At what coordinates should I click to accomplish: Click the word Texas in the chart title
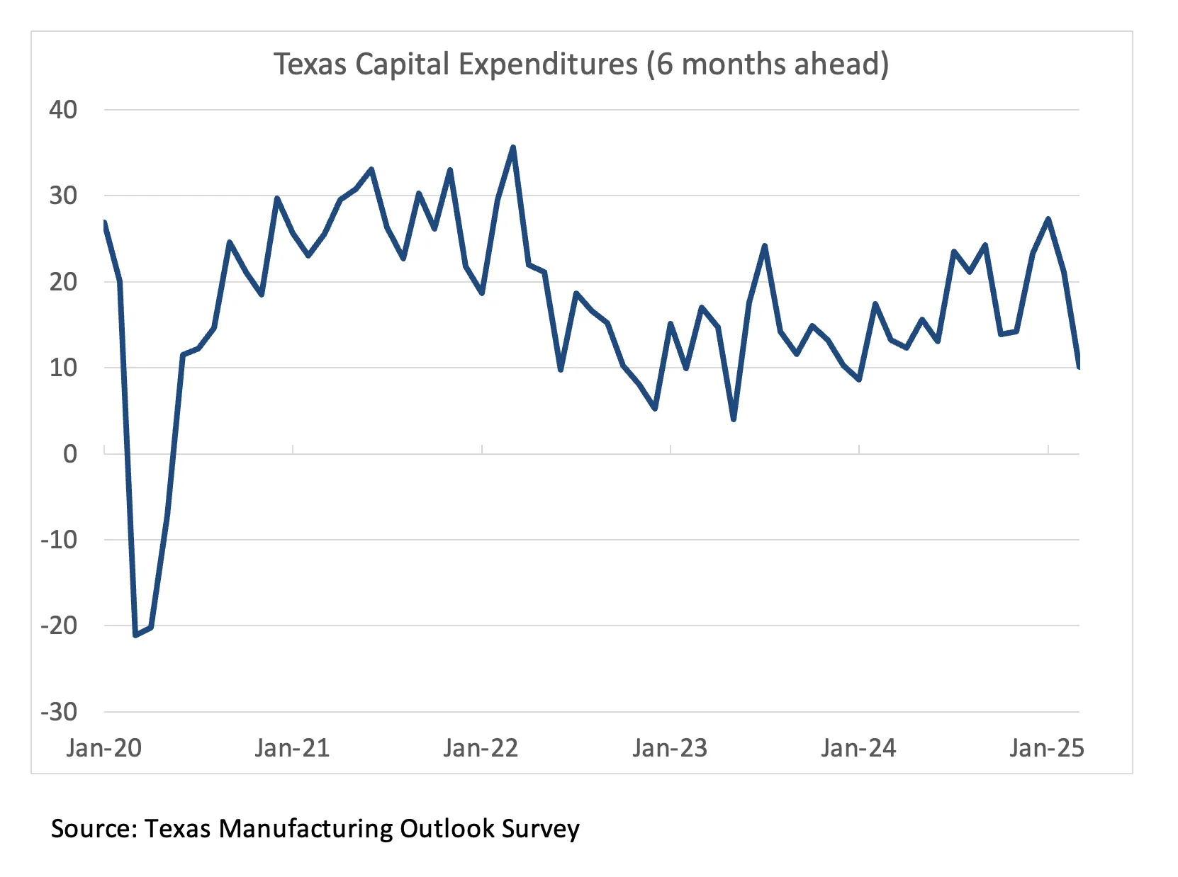click(x=310, y=64)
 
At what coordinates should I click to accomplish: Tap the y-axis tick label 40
click(x=62, y=110)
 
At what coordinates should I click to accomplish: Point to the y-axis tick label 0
click(x=69, y=453)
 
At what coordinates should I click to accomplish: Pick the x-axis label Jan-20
click(x=103, y=748)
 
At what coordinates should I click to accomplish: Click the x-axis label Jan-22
click(x=481, y=748)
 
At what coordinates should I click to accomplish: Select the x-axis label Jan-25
click(x=1047, y=748)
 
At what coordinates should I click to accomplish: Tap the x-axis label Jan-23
click(x=670, y=748)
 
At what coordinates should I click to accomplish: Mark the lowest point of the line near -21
click(x=135, y=635)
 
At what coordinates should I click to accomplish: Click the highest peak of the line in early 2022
click(x=513, y=147)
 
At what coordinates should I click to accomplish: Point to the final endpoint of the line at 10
click(x=1078, y=366)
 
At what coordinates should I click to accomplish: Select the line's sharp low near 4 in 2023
click(x=734, y=419)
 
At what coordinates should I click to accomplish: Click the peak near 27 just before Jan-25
click(x=1048, y=219)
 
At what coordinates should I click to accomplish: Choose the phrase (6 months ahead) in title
click(x=767, y=64)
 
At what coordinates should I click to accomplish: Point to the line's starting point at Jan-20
click(x=105, y=223)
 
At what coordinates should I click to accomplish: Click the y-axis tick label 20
click(x=62, y=282)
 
